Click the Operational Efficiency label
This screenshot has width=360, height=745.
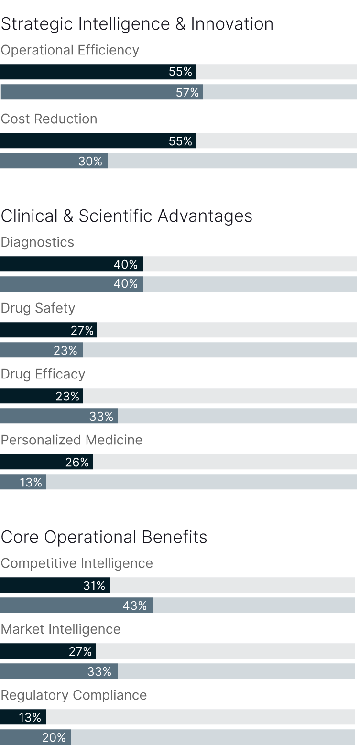click(x=70, y=50)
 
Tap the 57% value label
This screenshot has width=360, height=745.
click(x=187, y=92)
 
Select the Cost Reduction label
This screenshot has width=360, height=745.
click(x=49, y=119)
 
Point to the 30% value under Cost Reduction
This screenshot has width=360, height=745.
click(x=90, y=161)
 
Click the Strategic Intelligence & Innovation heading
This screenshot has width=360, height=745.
click(x=137, y=24)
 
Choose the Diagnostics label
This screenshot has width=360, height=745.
click(x=37, y=242)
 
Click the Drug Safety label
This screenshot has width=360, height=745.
click(x=38, y=308)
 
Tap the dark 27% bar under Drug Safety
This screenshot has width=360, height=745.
click(x=48, y=330)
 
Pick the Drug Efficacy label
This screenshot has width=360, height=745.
click(x=43, y=374)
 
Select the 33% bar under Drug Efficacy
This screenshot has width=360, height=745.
click(x=59, y=416)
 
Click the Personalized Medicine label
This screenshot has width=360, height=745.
click(x=72, y=440)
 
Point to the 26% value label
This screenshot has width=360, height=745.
click(x=77, y=462)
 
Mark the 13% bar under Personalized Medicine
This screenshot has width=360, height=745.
click(x=23, y=482)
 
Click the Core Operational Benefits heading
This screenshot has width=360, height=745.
click(x=104, y=537)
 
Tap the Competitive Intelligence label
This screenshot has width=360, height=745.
click(x=76, y=563)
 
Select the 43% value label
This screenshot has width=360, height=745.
click(x=135, y=605)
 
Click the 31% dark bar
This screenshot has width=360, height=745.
click(x=55, y=585)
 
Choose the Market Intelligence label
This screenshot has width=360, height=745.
click(x=61, y=629)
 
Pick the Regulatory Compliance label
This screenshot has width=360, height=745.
click(x=74, y=695)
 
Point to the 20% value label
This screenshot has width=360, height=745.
click(x=54, y=737)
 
